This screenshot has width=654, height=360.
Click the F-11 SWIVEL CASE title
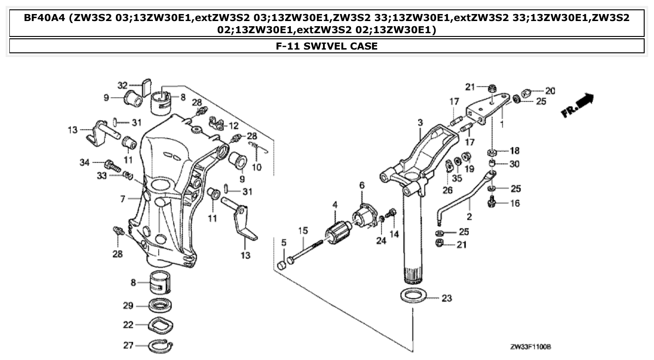point(327,46)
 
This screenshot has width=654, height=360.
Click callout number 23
point(446,298)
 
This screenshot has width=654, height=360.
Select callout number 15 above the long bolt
point(303,230)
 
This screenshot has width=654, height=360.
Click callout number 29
point(128,306)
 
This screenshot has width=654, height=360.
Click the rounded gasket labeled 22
point(161,324)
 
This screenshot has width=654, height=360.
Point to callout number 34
point(84,162)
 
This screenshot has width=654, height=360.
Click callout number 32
point(122,85)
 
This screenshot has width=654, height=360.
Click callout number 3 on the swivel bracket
point(420,122)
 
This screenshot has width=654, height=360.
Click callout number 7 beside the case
point(122,199)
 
